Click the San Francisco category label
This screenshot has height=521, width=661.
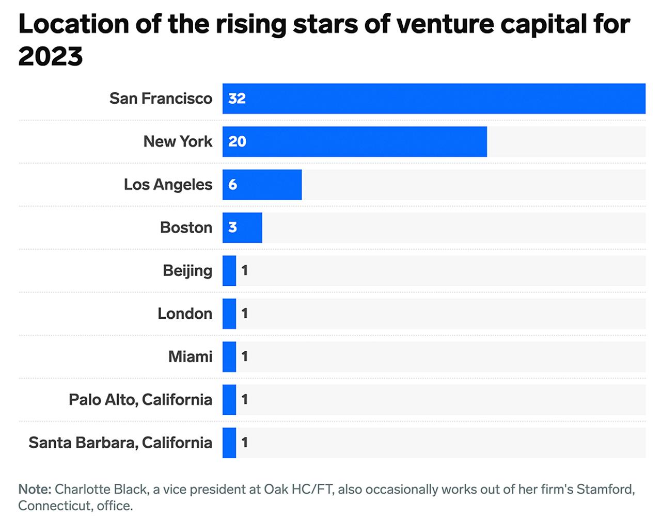[x=161, y=99]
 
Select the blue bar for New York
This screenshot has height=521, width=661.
[x=354, y=141]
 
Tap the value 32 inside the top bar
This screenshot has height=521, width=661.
[x=237, y=99]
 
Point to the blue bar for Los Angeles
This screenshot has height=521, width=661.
[x=262, y=185]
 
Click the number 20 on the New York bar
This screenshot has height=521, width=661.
[x=237, y=141]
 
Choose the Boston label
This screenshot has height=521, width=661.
[x=186, y=227]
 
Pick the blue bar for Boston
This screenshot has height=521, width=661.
[x=242, y=227]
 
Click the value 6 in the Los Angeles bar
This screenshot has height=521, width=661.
[x=233, y=185]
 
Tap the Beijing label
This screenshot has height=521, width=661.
[x=187, y=270]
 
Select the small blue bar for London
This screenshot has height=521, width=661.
[x=229, y=314]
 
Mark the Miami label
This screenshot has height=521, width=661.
[x=190, y=356]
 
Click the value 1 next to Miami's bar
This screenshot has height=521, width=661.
[x=245, y=356]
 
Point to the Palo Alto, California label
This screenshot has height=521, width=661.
[x=140, y=399]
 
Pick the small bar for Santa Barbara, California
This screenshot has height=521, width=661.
[x=229, y=443]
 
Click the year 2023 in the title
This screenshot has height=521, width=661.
[x=51, y=56]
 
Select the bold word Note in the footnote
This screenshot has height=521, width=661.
[x=34, y=489]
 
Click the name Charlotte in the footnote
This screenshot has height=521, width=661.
[x=76, y=489]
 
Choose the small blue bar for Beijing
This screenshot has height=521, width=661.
[x=229, y=270]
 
